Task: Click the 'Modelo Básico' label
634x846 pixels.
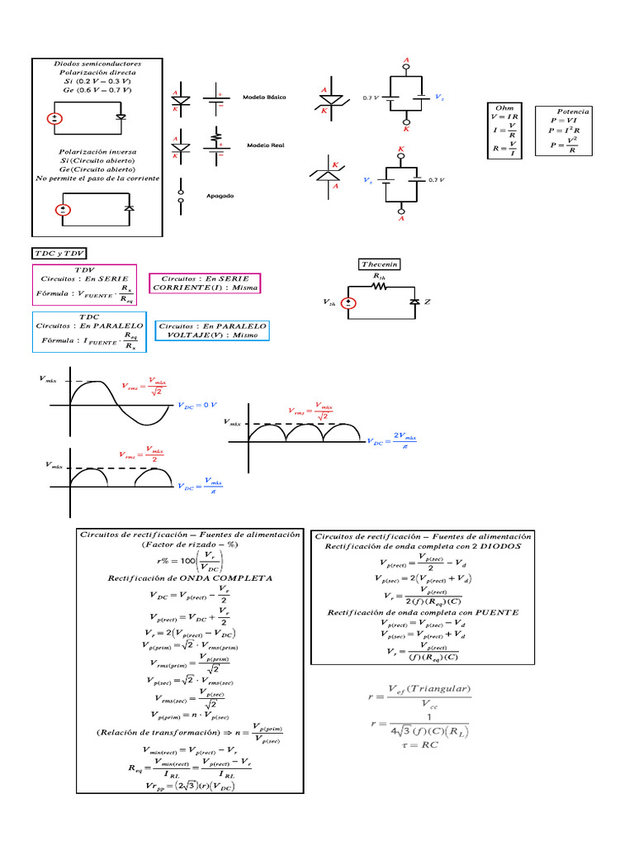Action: click(264, 97)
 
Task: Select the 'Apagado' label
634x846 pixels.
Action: click(220, 196)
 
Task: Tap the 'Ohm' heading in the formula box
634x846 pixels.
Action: click(504, 107)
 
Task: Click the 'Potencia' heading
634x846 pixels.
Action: click(573, 111)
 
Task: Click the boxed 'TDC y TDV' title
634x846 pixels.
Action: click(59, 252)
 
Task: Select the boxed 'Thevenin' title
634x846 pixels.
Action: click(380, 264)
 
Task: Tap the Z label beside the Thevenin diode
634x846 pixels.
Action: click(428, 303)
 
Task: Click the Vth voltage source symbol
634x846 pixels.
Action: click(349, 304)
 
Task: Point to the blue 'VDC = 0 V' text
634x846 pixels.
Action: click(197, 405)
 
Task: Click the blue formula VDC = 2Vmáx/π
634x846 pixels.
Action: click(394, 440)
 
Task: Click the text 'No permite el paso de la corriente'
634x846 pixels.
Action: click(98, 178)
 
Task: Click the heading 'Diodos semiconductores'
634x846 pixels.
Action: click(97, 64)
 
